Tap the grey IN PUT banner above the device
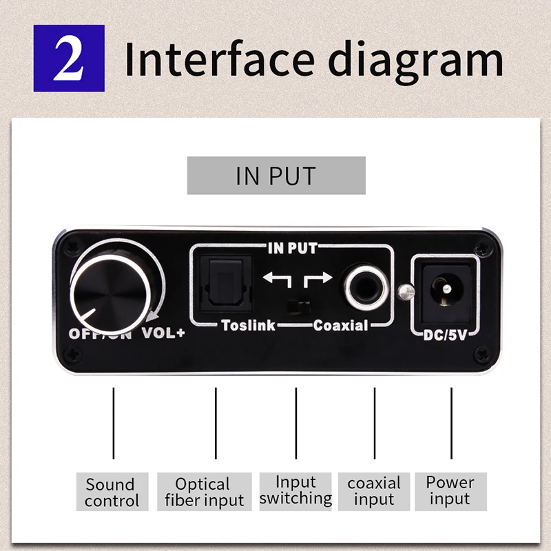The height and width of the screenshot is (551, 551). (x=276, y=175)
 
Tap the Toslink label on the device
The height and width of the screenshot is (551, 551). (x=248, y=325)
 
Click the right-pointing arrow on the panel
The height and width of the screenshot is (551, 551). (x=319, y=278)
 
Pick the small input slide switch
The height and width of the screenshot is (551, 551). (x=298, y=306)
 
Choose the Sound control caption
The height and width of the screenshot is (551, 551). (x=112, y=492)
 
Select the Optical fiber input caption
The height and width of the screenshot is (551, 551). (x=204, y=492)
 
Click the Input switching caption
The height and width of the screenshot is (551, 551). (x=295, y=490)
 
